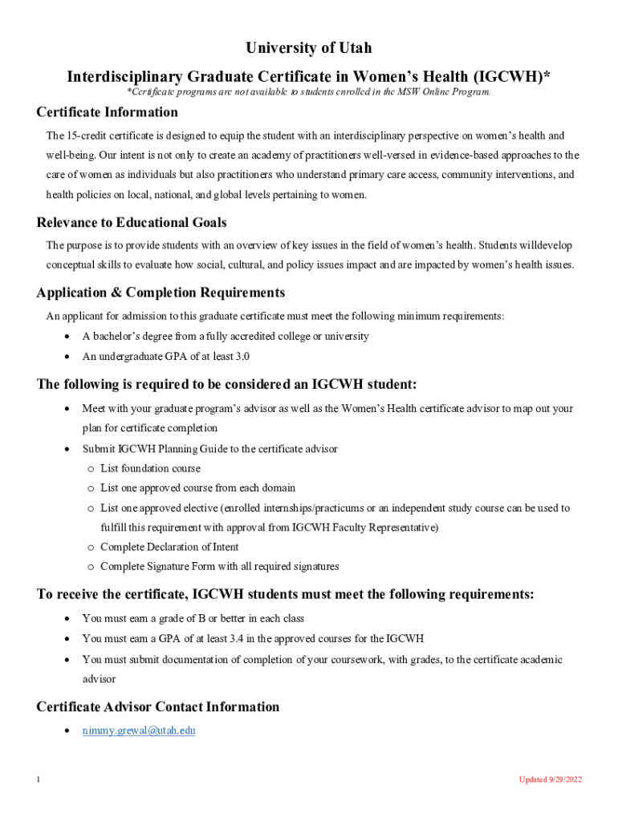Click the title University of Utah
309,49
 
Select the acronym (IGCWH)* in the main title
511,77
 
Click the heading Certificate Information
107,112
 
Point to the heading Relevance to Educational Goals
132,222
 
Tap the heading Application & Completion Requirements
161,293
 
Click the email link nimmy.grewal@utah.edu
139,730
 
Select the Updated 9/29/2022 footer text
550,779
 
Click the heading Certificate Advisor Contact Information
158,707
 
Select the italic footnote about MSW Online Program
309,92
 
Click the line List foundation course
150,468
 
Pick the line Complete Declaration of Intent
169,547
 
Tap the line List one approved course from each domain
197,487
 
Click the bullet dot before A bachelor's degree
67,337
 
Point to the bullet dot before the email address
67,731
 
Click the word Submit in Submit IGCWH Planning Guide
98,449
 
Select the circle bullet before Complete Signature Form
91,567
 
